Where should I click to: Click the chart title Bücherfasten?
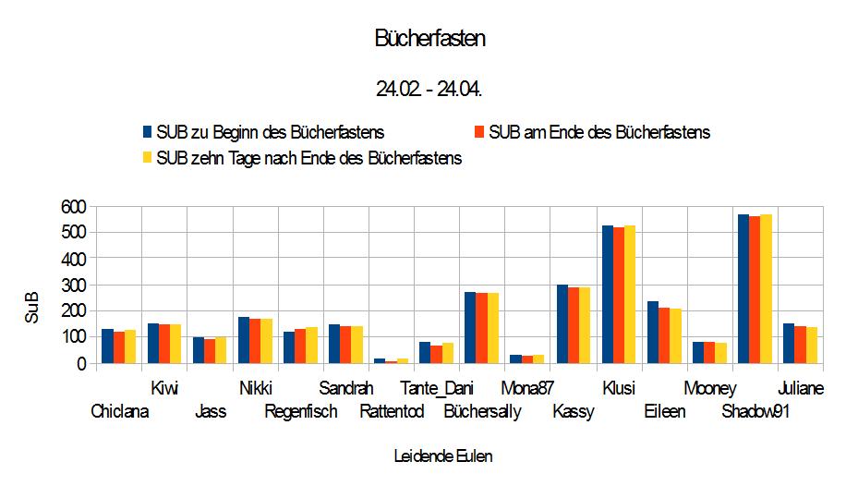click(429, 39)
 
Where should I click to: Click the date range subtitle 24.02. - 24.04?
click(429, 90)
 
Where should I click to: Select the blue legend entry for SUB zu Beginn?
click(263, 132)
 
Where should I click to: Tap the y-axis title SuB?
click(32, 308)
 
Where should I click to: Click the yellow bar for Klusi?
click(630, 295)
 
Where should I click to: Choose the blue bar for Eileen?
click(653, 333)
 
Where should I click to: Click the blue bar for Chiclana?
click(107, 346)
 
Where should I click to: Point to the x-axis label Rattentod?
click(392, 412)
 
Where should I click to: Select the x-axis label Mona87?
click(527, 389)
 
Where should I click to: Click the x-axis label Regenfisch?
click(301, 412)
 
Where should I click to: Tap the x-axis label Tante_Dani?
click(437, 389)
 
